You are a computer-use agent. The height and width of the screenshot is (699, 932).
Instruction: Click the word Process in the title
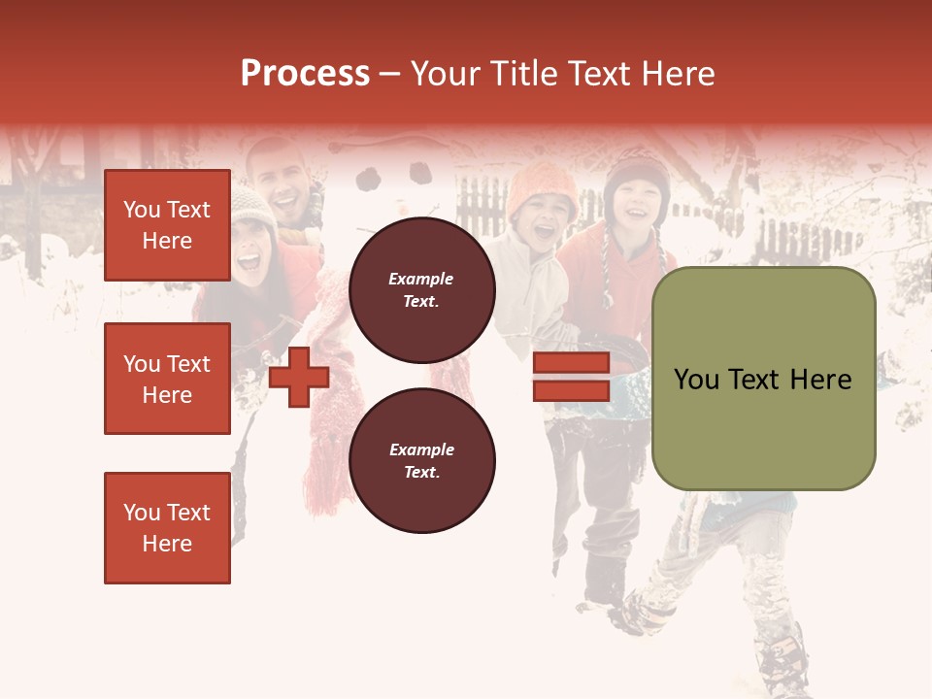pos(305,74)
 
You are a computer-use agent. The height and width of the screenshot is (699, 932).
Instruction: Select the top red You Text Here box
pos(167,225)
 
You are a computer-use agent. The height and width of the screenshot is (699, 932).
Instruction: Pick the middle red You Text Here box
pos(167,379)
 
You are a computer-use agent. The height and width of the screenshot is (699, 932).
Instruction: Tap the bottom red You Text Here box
pos(167,527)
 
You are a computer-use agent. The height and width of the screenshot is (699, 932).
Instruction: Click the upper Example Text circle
pos(421,290)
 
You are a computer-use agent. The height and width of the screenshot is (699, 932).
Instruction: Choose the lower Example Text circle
pos(421,460)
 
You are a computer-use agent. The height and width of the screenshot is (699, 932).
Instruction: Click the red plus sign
pos(299,377)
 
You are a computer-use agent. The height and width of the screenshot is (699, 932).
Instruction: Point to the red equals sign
pos(571,377)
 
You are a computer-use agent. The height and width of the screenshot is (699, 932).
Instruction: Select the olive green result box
pos(763,379)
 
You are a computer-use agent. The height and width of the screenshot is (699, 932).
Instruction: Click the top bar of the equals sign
pos(571,363)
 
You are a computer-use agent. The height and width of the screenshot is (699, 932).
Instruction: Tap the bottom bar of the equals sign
pos(571,390)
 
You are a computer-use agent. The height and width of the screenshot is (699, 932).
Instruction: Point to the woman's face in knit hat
pos(250,250)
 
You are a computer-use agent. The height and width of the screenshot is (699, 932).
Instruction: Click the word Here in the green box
pos(821,380)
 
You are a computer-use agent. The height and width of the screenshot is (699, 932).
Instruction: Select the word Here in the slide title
pos(676,74)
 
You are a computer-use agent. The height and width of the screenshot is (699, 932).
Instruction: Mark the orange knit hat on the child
pos(541,183)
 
